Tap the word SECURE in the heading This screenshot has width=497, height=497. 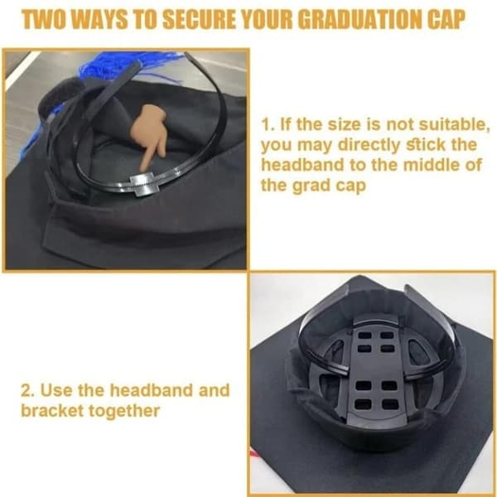tap(199, 19)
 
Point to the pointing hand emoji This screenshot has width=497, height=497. tap(149, 135)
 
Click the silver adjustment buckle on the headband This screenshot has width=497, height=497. tap(143, 185)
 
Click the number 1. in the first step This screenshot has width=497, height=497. tap(268, 124)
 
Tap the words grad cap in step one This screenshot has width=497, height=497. tap(329, 186)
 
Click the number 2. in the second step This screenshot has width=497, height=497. tap(27, 390)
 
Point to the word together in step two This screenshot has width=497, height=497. tap(124, 412)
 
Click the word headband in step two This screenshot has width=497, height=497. tap(152, 390)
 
